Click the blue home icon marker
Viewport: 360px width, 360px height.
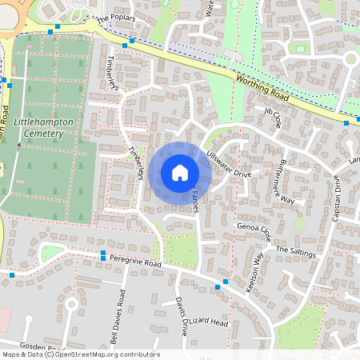[x=180, y=172]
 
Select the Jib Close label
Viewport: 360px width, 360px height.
[x=273, y=120]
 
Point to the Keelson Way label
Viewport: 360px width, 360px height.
[x=255, y=273]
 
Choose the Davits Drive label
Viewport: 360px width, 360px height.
[x=181, y=315]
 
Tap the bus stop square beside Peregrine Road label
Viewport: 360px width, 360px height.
[x=103, y=255]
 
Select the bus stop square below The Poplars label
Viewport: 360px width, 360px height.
[x=131, y=40]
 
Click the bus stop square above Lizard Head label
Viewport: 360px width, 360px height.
[x=218, y=286]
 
